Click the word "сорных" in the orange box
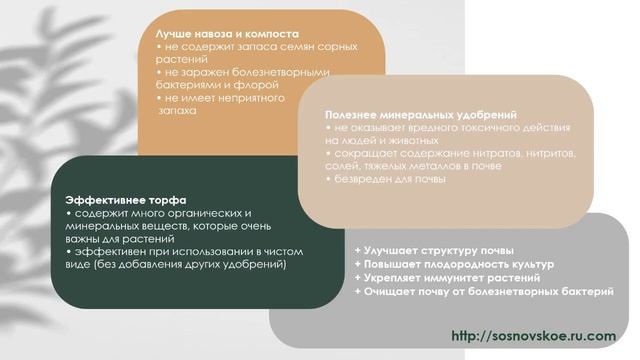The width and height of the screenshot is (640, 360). [x=325, y=47]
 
